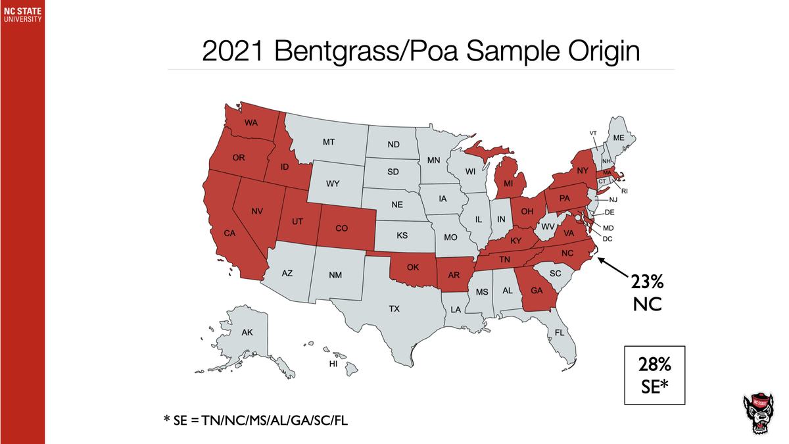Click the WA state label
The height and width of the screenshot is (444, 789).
coord(251,123)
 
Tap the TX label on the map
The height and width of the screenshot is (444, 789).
coord(394,308)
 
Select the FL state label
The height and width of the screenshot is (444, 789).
coord(560,333)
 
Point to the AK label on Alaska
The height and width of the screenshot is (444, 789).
coord(247,332)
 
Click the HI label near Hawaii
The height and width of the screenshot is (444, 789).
coord(333,364)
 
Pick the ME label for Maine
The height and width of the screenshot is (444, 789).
coord(618,138)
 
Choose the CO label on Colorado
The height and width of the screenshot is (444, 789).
coord(341,228)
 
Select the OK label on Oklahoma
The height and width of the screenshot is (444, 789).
coord(413,267)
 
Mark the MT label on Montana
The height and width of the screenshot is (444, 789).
coord(329,142)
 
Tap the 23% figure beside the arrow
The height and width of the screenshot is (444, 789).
coord(647,282)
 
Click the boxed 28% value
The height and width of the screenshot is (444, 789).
coord(654,365)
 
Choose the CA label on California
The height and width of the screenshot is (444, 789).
coord(229,234)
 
